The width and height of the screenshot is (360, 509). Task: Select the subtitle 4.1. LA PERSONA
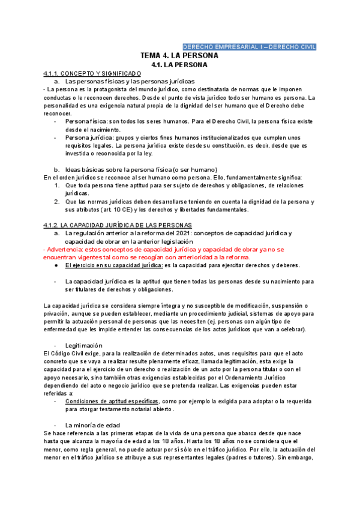coord(179,65)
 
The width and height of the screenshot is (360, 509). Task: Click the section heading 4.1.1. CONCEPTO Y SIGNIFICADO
coord(92,73)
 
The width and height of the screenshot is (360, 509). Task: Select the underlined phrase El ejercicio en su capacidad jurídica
coord(114,265)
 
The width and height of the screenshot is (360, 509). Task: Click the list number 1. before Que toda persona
coord(57,185)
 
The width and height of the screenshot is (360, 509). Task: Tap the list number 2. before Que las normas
coord(57,202)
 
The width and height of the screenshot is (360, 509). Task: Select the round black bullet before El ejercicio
coord(56,265)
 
